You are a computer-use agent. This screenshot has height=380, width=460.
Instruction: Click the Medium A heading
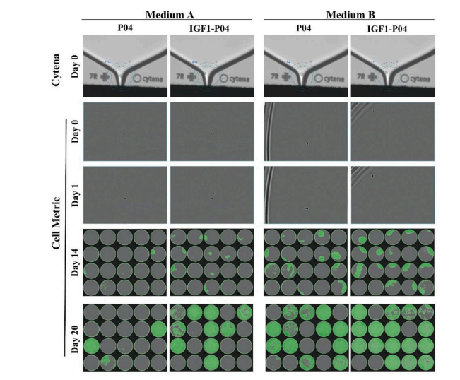169,15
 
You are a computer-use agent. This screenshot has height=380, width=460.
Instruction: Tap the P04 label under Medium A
125,29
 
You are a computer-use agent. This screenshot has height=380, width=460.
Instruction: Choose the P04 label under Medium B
305,29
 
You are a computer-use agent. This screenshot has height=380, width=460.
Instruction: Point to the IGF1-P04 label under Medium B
392,29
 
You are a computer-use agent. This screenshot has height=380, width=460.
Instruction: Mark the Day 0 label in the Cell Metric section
76,132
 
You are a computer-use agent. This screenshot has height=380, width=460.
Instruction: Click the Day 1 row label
76,194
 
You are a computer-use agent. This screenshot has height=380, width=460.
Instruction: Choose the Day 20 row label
76,338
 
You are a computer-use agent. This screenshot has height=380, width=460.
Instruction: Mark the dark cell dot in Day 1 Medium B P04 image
307,208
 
